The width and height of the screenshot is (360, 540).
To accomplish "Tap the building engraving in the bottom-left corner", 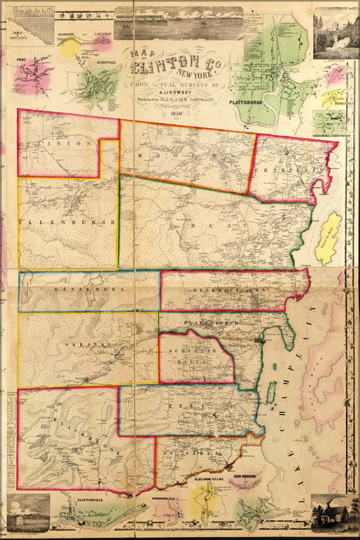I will tap(27, 514).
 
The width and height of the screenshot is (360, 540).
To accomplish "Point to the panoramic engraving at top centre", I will tap(178, 22).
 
